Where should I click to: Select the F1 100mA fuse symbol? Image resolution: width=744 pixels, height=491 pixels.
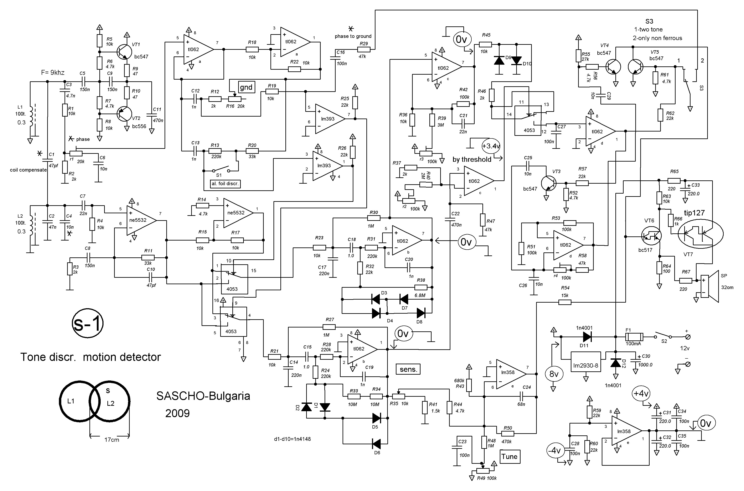634,337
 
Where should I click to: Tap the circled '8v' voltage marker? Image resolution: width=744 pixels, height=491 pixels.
554,374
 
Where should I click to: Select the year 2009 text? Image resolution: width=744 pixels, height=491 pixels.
177,413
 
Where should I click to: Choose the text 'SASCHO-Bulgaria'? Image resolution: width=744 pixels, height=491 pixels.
203,396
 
